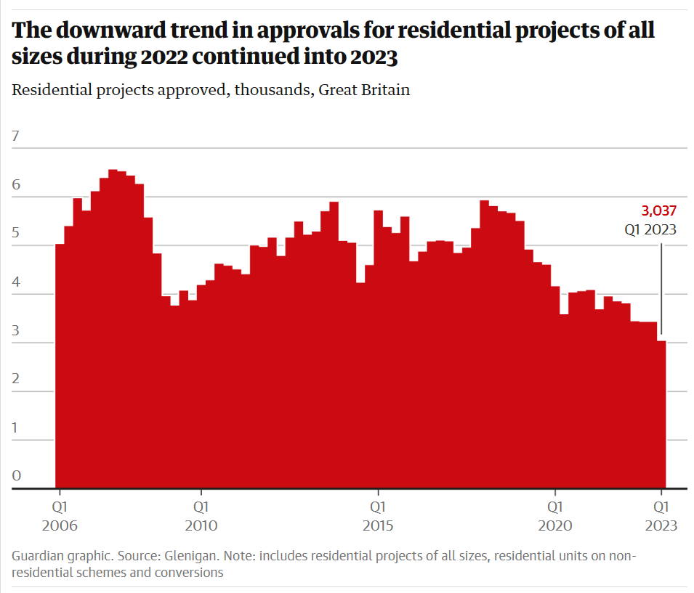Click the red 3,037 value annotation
(659, 211)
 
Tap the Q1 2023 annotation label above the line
(651, 229)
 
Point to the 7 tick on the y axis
(16, 136)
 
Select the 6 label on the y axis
(16, 184)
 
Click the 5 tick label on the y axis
(16, 233)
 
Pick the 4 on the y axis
(16, 282)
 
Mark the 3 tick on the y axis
(16, 330)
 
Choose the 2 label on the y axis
(16, 379)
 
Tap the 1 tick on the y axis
(16, 428)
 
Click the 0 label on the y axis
(16, 476)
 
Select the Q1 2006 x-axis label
(60, 515)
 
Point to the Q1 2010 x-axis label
(201, 515)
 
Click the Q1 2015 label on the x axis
(378, 515)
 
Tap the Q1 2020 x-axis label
(554, 515)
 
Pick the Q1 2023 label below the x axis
(661, 515)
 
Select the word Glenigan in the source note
(191, 557)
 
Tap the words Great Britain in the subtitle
(365, 91)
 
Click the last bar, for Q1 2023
(661, 414)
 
